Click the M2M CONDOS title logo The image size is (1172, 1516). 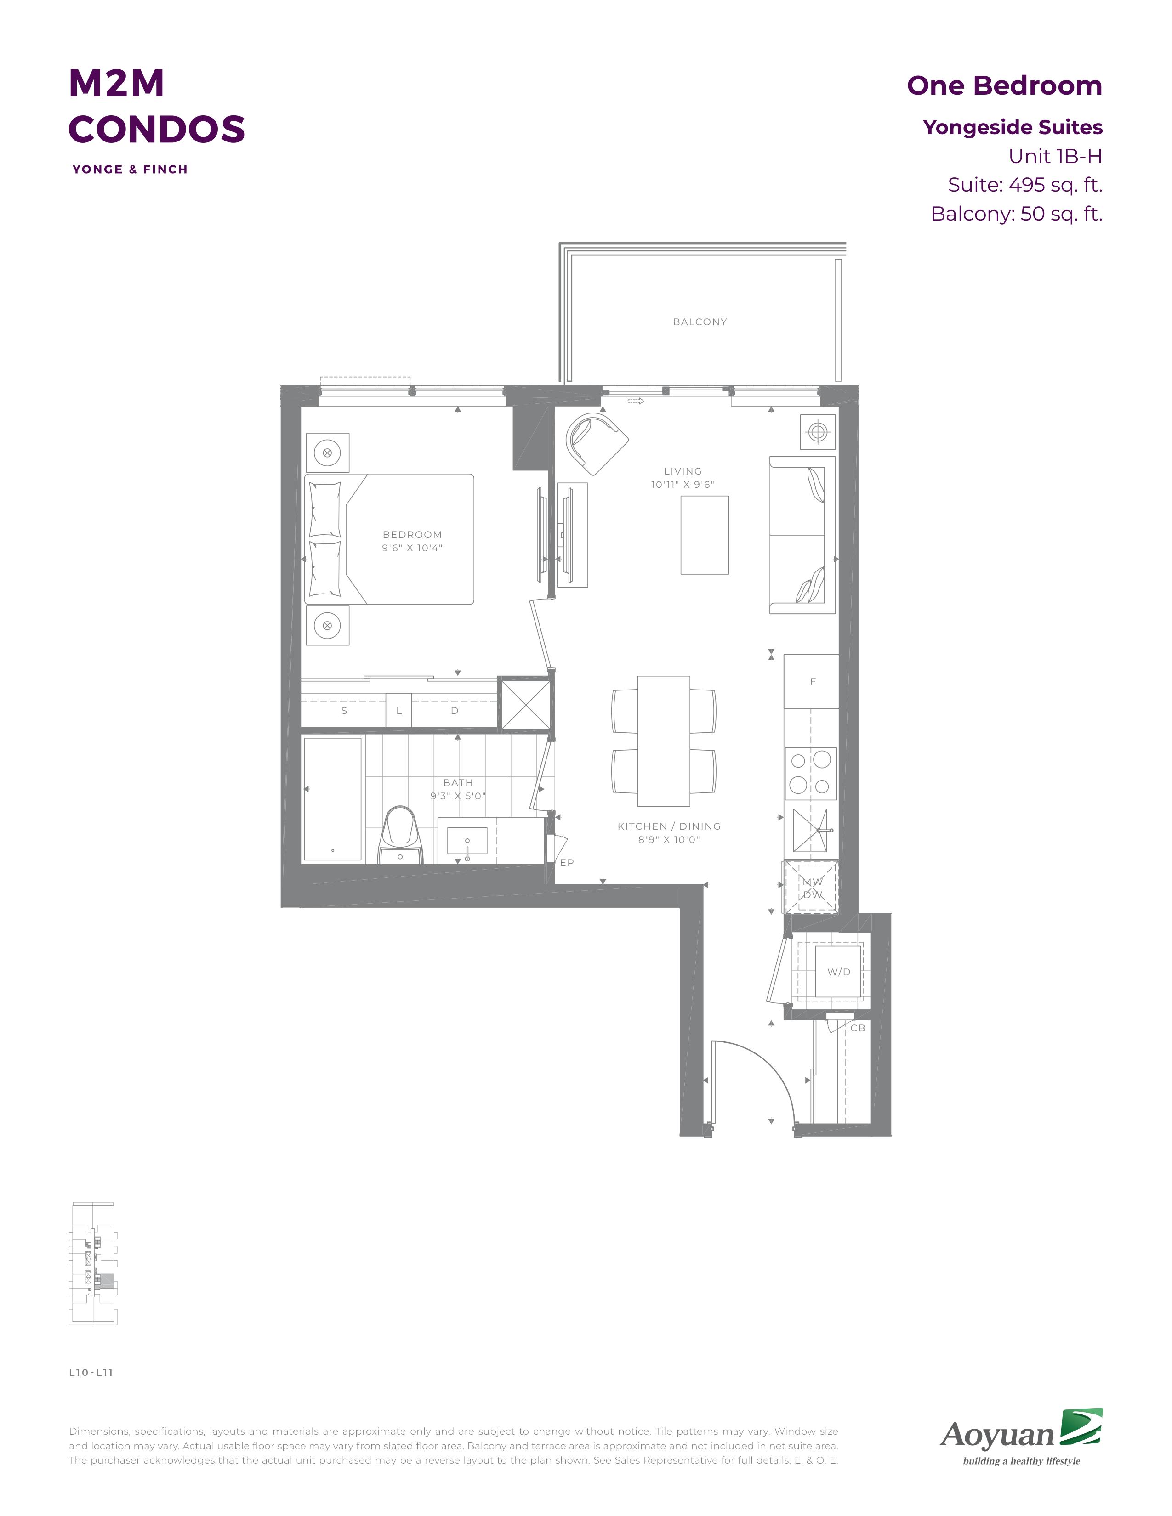(x=156, y=106)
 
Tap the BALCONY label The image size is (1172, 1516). (x=700, y=322)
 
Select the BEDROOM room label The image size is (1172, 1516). (x=412, y=534)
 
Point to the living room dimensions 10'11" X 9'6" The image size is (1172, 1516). (x=683, y=485)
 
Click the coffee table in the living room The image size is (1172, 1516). (x=705, y=535)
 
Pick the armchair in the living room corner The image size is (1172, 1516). (x=597, y=441)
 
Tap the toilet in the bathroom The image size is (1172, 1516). (x=401, y=834)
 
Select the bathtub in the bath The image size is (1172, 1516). (x=333, y=799)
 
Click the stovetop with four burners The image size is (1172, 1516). (x=810, y=773)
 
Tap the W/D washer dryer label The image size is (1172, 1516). (x=839, y=972)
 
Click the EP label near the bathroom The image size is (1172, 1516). (x=567, y=863)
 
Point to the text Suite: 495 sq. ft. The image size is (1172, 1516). (x=1025, y=185)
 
